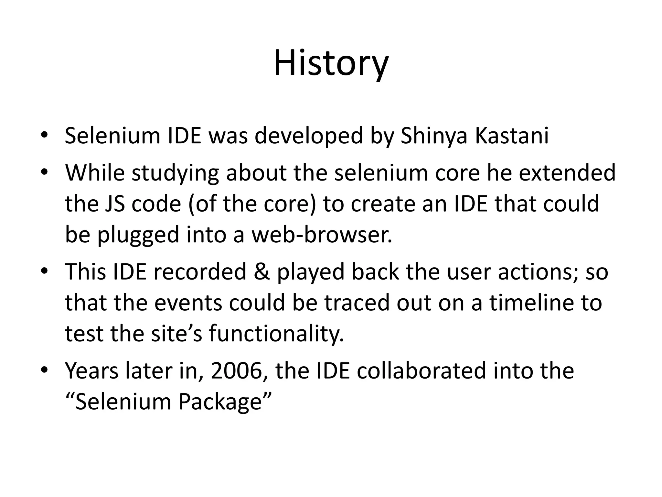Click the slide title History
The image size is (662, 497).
point(331,63)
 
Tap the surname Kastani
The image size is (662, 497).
point(512,136)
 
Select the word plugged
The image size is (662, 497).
point(138,235)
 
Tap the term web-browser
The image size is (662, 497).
point(322,235)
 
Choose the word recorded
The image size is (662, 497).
point(200,271)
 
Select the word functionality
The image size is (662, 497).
point(276,334)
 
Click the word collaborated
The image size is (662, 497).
point(422,371)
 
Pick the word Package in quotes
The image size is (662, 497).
point(220,402)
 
